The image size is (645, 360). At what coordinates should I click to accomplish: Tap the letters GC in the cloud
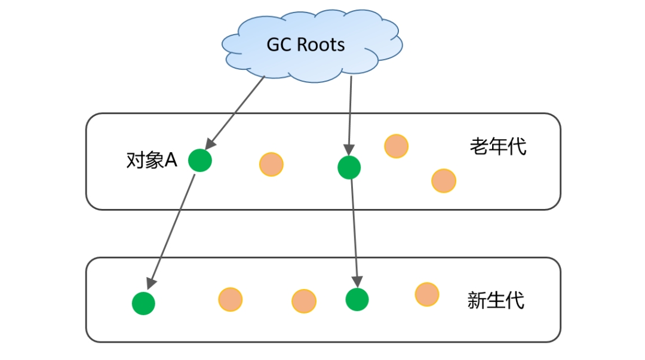[x=279, y=45]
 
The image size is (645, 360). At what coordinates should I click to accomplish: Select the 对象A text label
[x=152, y=160]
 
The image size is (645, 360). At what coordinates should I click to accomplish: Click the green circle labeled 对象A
[x=199, y=160]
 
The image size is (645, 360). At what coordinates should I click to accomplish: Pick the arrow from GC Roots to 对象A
[x=235, y=113]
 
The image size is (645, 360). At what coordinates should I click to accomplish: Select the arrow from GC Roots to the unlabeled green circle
[x=350, y=113]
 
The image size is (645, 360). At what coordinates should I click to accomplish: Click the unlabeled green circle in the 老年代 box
[x=349, y=167]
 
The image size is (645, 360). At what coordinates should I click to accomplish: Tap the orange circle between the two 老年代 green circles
[x=271, y=164]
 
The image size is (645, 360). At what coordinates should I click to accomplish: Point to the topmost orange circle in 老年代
[x=396, y=146]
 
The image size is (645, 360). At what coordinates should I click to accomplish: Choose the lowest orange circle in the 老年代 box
[x=444, y=180]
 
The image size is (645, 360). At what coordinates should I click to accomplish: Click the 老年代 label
[x=498, y=146]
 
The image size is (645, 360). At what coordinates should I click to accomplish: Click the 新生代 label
[x=496, y=300]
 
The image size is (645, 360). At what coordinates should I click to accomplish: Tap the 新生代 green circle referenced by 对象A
[x=143, y=303]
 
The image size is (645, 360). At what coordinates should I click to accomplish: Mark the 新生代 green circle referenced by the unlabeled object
[x=357, y=299]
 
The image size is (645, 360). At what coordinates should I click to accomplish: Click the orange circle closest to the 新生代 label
[x=427, y=294]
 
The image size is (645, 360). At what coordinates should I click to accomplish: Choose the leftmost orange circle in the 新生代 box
[x=230, y=299]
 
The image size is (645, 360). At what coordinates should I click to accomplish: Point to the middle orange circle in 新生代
[x=303, y=301]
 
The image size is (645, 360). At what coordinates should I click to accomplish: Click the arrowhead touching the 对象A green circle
[x=208, y=144]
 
